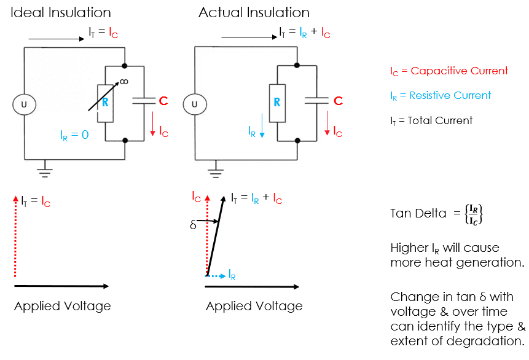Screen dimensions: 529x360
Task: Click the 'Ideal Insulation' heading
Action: (61, 12)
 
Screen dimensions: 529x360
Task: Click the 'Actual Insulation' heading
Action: (254, 12)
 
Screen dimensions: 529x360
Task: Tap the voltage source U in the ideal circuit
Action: (24, 104)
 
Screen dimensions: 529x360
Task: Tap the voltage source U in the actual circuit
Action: (195, 104)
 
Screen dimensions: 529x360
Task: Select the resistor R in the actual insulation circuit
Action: (277, 103)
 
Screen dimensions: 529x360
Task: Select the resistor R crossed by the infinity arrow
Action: (105, 103)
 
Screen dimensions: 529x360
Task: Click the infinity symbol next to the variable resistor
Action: (124, 82)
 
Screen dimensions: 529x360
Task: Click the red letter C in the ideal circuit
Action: (163, 101)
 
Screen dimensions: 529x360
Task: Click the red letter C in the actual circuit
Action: (338, 101)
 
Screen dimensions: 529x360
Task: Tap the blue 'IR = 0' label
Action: (74, 135)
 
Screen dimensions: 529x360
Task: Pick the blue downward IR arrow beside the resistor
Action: (262, 125)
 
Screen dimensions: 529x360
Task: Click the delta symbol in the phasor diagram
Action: (194, 224)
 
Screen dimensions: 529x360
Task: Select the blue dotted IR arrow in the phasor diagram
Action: (215, 276)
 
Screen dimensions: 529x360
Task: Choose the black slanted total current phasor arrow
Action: (215, 236)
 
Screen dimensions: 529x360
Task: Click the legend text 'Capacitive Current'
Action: (459, 71)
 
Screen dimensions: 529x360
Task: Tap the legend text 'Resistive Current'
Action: (450, 95)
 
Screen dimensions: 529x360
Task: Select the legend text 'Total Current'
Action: (440, 120)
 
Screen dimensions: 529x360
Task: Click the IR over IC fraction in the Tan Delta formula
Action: (474, 214)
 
